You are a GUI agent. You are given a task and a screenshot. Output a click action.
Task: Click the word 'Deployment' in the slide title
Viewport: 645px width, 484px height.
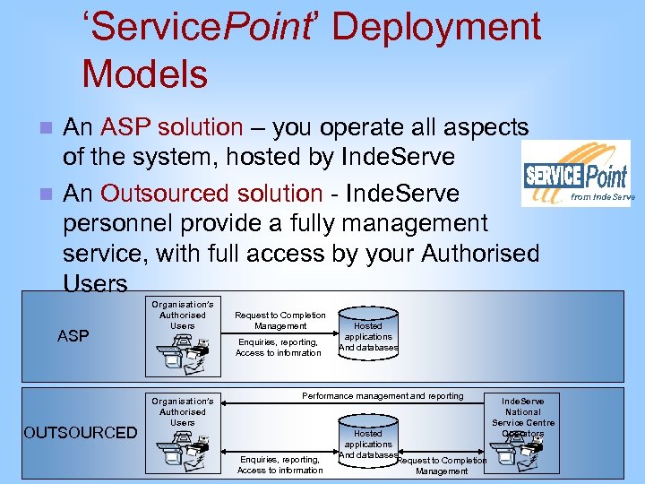436,27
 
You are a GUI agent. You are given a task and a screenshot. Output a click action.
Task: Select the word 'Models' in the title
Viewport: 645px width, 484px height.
144,73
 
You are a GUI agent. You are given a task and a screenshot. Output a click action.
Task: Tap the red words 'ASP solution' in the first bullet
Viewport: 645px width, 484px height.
172,128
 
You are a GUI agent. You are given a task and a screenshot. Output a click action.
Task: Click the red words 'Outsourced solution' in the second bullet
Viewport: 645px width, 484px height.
211,193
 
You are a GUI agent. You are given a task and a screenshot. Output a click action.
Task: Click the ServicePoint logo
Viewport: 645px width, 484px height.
578,174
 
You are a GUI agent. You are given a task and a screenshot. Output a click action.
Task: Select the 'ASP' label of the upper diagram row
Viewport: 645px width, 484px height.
73,336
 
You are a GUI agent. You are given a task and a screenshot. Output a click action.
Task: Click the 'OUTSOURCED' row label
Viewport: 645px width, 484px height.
81,433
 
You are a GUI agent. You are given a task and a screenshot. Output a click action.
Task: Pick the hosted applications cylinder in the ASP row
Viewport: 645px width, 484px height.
368,332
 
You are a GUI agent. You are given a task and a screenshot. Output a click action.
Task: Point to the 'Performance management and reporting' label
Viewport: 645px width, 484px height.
383,395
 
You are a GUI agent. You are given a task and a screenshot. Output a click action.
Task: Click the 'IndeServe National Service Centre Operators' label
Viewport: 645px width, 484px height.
523,417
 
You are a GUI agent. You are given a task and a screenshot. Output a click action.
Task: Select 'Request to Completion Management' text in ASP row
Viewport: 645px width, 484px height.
279,320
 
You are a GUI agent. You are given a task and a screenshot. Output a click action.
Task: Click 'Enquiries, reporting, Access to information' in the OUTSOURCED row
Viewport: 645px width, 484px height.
279,464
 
